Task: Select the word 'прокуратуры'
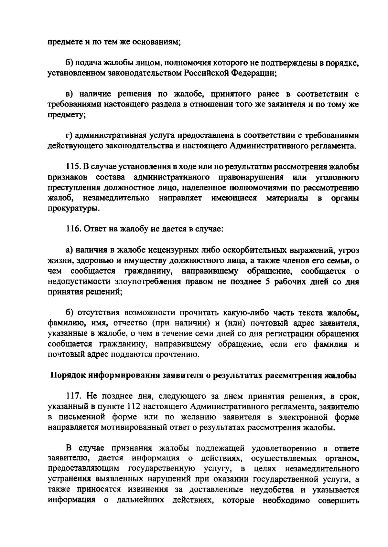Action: pyautogui.click(x=73, y=209)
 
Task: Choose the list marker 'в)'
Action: pyautogui.click(x=69, y=94)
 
